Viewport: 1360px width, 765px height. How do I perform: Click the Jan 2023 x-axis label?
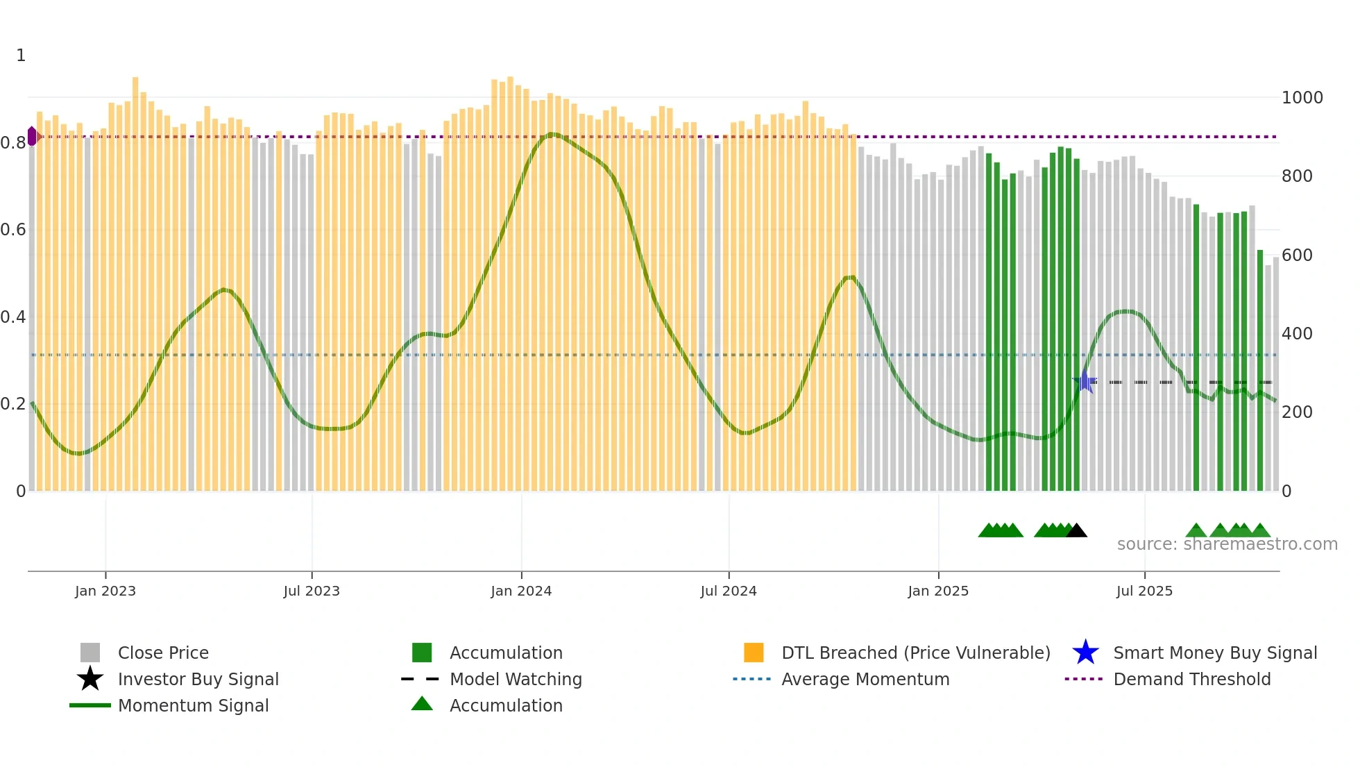tap(105, 591)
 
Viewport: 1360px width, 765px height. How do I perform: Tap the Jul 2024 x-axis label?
tap(729, 591)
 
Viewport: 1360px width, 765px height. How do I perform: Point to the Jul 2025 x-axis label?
tap(1144, 591)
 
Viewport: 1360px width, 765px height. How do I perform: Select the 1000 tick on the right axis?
tap(1302, 98)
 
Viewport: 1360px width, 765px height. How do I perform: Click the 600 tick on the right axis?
tap(1297, 255)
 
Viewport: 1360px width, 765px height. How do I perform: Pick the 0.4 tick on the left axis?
tap(13, 317)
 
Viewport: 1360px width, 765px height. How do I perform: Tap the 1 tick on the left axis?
tap(21, 56)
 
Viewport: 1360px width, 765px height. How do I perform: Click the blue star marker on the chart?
tap(1085, 382)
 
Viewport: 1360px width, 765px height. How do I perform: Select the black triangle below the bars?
tap(1076, 531)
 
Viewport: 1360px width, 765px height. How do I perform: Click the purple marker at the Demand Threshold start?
tap(32, 136)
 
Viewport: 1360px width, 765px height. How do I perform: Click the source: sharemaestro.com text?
tap(1227, 544)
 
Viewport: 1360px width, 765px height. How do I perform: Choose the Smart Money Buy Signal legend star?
tap(1085, 653)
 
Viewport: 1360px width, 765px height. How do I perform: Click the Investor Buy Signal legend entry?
tap(198, 679)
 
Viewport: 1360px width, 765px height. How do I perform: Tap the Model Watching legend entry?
tap(515, 679)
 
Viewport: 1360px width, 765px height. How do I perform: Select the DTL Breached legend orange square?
tap(754, 653)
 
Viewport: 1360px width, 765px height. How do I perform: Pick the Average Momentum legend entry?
tap(865, 679)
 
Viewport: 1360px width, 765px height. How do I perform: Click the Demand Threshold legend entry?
tap(1191, 679)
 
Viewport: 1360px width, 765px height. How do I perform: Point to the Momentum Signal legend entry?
tap(193, 705)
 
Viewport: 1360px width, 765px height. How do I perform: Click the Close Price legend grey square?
tap(90, 653)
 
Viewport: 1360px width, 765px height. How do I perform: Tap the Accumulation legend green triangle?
tap(422, 704)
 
